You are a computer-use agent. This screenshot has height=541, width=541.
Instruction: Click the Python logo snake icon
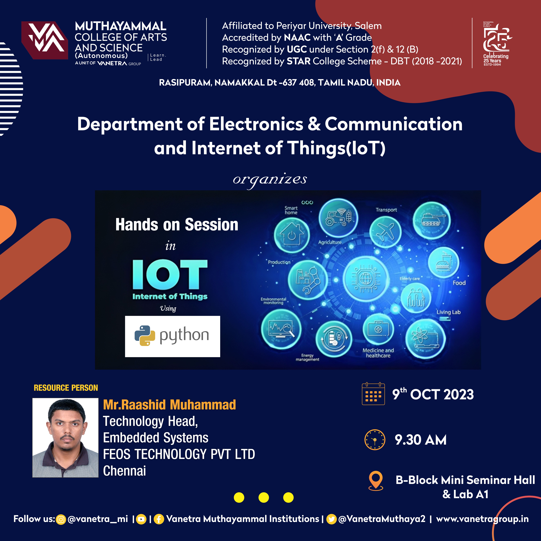[x=145, y=336]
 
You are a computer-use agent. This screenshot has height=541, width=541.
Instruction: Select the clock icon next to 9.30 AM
[x=375, y=440]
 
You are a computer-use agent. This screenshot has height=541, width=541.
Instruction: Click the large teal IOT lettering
[x=170, y=274]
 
